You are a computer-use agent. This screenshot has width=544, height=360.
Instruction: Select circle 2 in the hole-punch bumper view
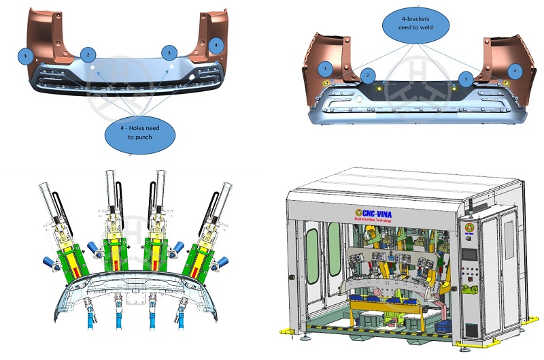click(88, 54)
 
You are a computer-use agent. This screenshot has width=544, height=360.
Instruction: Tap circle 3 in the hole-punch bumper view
click(169, 52)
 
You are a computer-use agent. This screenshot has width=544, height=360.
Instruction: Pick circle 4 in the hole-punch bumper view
click(216, 46)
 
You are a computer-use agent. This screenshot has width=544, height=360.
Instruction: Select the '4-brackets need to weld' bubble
click(415, 26)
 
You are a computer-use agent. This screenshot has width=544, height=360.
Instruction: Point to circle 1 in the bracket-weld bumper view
click(326, 69)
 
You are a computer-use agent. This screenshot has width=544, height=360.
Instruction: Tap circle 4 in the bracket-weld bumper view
click(514, 70)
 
